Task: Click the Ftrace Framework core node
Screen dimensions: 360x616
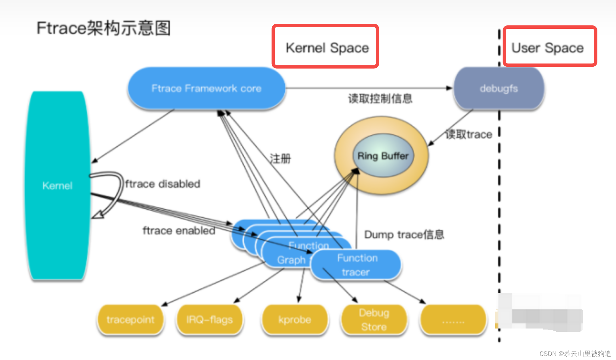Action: (x=206, y=88)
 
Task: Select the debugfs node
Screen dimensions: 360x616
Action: (x=499, y=88)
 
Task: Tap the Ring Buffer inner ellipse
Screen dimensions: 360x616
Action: (x=383, y=156)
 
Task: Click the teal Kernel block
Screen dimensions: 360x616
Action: (x=57, y=186)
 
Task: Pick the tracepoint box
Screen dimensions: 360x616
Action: (x=130, y=319)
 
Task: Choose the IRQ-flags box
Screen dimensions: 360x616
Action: (x=210, y=319)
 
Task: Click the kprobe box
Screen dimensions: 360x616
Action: (x=294, y=319)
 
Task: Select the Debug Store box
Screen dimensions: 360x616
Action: (x=374, y=319)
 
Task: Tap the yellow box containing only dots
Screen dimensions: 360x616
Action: (x=453, y=320)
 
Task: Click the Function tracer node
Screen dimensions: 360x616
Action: (x=356, y=265)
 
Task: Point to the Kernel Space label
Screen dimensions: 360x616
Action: (x=327, y=48)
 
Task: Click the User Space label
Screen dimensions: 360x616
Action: (x=547, y=48)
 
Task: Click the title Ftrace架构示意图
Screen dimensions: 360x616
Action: (x=104, y=28)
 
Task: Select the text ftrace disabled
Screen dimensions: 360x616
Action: (x=162, y=184)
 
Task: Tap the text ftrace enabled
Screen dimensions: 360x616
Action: (x=179, y=231)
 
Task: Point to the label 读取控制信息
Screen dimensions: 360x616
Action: (x=380, y=99)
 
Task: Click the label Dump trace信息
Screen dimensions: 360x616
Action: (x=404, y=234)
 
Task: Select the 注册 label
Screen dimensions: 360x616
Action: (x=280, y=158)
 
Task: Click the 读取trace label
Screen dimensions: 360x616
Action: (x=468, y=134)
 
